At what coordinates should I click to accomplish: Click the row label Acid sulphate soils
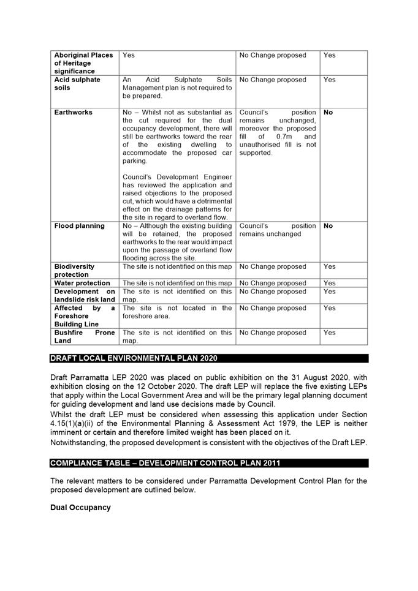(x=77, y=84)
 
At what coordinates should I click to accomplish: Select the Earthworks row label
(x=74, y=113)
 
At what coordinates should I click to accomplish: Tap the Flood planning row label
(x=79, y=226)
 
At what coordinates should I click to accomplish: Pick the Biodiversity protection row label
(x=75, y=271)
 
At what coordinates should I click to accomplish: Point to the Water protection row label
(x=82, y=283)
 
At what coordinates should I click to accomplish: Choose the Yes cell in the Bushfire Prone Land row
(x=329, y=333)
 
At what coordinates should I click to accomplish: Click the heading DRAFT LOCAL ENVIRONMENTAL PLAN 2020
(x=134, y=358)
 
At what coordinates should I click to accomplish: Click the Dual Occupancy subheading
(x=80, y=508)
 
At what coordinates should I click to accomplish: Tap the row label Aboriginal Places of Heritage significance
(x=83, y=63)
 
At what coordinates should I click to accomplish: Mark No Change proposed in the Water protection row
(x=273, y=283)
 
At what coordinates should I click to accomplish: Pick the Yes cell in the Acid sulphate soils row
(x=329, y=80)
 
